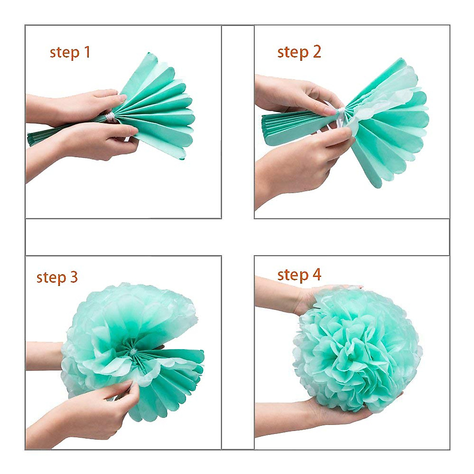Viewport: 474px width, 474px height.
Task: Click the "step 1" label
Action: [x=70, y=53]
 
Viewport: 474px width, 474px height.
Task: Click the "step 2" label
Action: [x=299, y=52]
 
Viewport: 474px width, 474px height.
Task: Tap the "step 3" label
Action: [x=57, y=277]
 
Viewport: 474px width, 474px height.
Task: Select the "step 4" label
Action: [x=299, y=275]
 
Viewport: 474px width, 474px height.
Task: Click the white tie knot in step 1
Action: [x=110, y=117]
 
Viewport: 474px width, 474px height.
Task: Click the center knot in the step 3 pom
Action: [x=133, y=350]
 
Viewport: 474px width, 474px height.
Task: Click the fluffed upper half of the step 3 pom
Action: [x=130, y=312]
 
